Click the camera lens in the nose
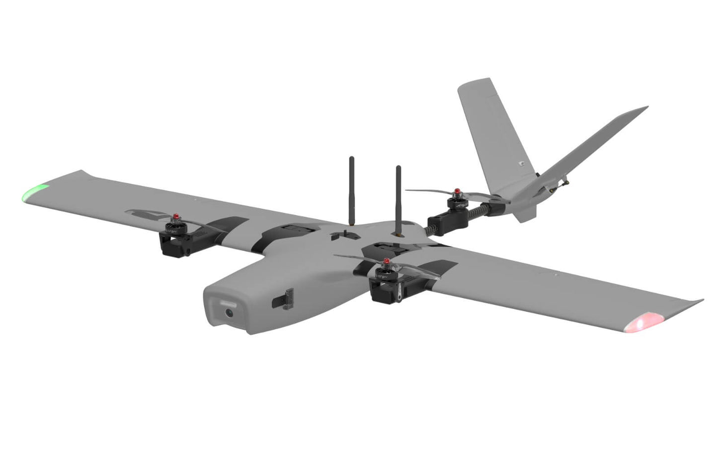click(229, 313)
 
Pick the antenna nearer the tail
click(398, 199)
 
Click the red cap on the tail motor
click(456, 192)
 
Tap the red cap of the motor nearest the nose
click(386, 260)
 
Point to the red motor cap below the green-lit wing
click(175, 217)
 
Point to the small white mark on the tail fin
click(521, 163)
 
